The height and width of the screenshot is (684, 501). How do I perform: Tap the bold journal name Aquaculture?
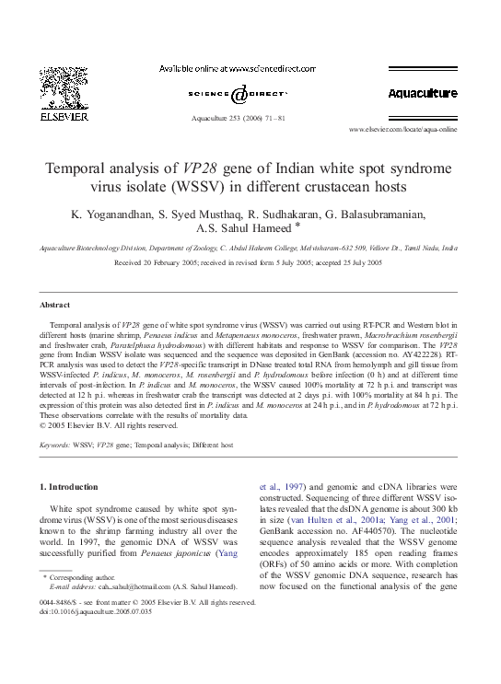[x=422, y=94]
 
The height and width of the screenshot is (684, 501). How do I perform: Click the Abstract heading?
[x=55, y=305]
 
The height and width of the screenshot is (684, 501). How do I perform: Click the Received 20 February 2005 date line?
[x=249, y=262]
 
